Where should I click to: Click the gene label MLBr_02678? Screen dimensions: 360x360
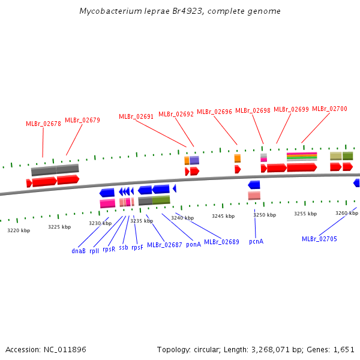(43, 124)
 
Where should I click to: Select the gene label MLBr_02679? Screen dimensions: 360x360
(82, 120)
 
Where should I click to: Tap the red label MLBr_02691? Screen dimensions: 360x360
(136, 116)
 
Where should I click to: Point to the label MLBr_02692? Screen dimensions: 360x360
(176, 114)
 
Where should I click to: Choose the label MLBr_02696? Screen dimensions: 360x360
(214, 112)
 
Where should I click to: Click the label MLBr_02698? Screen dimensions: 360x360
(253, 110)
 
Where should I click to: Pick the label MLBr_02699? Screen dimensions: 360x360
(291, 109)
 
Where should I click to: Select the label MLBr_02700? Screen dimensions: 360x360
(329, 109)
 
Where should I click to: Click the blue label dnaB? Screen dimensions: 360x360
(79, 251)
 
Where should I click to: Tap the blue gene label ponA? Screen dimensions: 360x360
(193, 244)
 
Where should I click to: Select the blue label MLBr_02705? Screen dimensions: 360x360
(319, 239)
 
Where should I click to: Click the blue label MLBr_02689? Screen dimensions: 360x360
(221, 242)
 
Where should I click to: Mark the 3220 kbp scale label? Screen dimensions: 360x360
(19, 230)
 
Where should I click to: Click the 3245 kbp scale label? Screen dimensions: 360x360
(223, 216)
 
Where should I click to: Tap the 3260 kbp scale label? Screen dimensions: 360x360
(347, 213)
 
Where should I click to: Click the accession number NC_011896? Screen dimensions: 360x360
(65, 349)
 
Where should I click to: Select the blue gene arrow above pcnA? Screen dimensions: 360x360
(254, 185)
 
